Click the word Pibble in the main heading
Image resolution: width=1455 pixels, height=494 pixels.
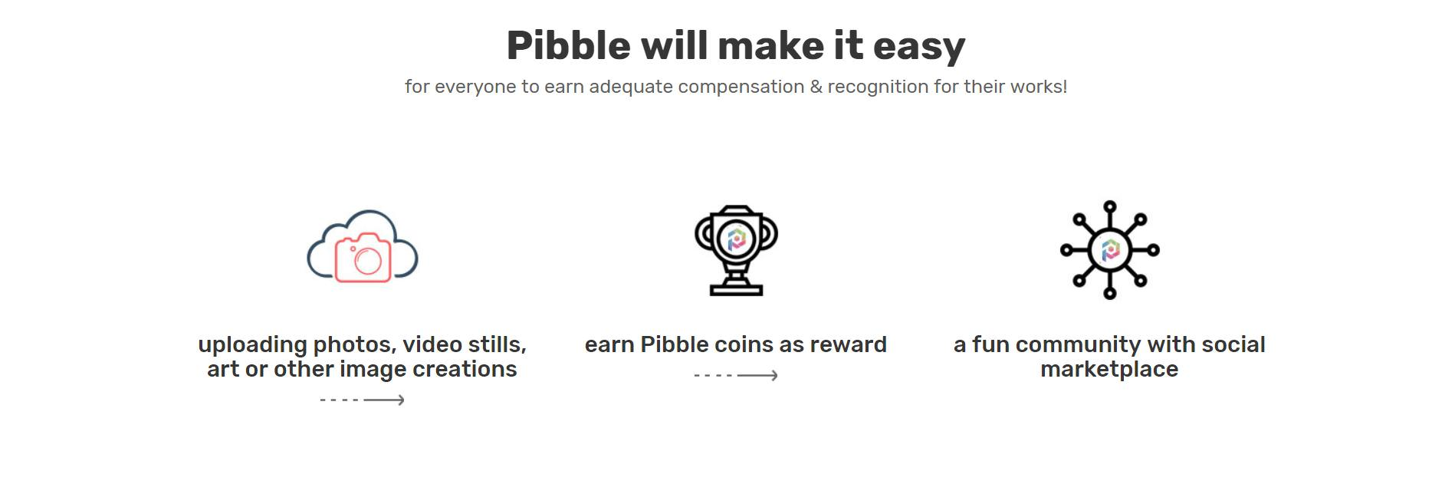pos(569,45)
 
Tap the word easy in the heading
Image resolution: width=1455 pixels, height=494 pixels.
pos(919,48)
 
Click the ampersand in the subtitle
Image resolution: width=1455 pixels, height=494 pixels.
pos(816,87)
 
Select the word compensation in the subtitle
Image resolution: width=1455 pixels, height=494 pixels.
pos(741,87)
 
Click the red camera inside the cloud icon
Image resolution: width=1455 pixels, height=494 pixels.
pos(363,258)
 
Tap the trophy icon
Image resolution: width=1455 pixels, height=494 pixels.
pos(736,250)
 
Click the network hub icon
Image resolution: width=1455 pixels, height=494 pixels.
pos(1109,250)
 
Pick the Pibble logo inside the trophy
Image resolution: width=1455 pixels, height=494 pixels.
pos(736,239)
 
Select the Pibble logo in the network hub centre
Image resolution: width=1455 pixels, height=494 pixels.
pos(1110,250)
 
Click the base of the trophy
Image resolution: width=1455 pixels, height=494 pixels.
pos(736,288)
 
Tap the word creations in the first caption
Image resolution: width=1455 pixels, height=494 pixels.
pos(465,370)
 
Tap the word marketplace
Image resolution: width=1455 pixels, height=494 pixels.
pos(1109,370)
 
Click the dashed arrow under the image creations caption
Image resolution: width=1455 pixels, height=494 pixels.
pos(362,400)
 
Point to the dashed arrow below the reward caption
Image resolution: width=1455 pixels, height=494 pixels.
pos(736,375)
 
